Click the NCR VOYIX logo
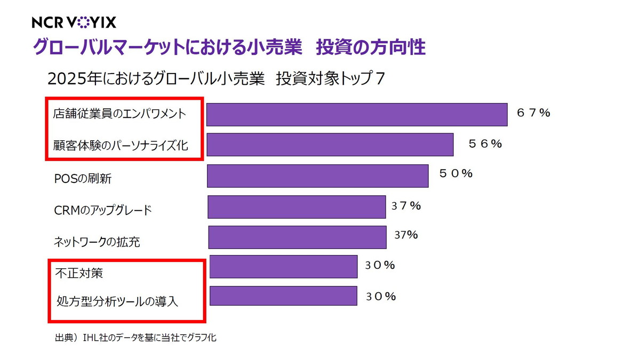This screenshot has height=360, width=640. [x=74, y=22]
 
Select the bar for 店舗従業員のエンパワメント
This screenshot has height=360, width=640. [x=356, y=115]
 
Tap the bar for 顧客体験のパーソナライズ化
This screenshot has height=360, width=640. [x=330, y=145]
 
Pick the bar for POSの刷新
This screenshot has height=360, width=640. [x=317, y=175]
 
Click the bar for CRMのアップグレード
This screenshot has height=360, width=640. [x=297, y=207]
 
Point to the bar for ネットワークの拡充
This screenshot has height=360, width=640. [x=297, y=237]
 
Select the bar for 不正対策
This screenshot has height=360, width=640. [x=283, y=267]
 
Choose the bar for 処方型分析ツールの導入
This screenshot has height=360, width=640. [x=283, y=296]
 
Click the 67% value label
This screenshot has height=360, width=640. [x=533, y=113]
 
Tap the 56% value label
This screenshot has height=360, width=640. [x=485, y=144]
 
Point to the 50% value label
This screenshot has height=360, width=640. [x=456, y=174]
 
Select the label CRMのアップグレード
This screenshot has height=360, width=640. [x=103, y=210]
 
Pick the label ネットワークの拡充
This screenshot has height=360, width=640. [x=97, y=242]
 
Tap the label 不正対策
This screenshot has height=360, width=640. [x=79, y=274]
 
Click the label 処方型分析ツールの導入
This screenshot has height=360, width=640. [x=117, y=301]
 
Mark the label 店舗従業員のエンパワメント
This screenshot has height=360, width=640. [x=119, y=114]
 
